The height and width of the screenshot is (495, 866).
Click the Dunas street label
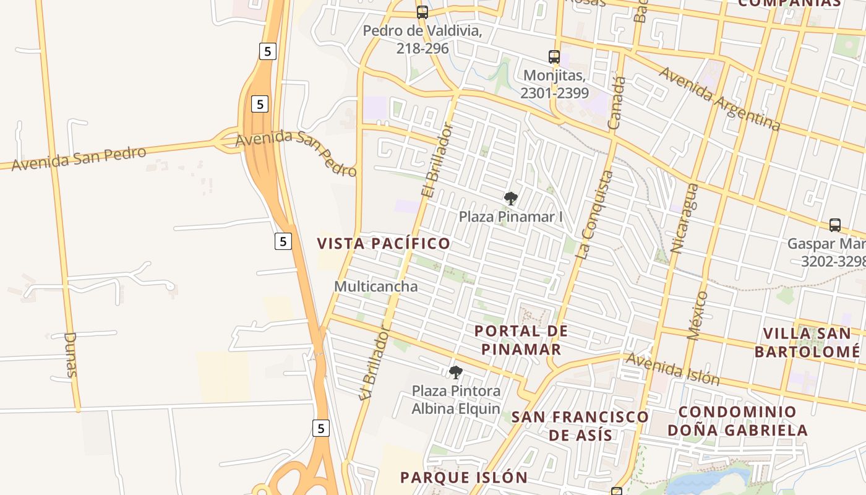(x=71, y=355)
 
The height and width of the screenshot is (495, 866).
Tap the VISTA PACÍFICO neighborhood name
(x=384, y=243)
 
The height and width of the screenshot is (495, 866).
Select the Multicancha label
(x=375, y=286)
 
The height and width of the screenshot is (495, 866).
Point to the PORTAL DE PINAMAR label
(x=521, y=340)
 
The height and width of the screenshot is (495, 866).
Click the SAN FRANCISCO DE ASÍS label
(x=580, y=426)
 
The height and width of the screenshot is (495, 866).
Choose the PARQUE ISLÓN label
(x=463, y=478)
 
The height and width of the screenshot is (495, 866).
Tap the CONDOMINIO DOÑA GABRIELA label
(x=737, y=421)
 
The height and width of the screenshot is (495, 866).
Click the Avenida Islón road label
(x=673, y=369)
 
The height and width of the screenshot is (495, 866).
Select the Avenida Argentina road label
(x=719, y=98)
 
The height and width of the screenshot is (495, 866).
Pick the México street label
(x=697, y=316)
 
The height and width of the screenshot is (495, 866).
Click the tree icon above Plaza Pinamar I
(x=510, y=199)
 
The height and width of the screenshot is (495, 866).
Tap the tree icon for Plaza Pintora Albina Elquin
(x=456, y=372)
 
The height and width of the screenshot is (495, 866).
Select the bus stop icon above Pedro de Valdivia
(x=422, y=12)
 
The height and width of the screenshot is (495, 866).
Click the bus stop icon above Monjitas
(x=554, y=57)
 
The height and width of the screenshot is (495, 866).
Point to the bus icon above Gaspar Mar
(x=835, y=225)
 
